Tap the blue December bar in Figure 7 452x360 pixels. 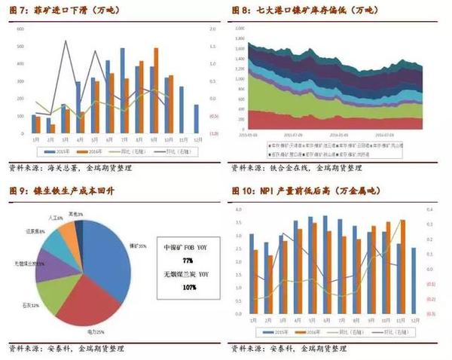coord(197,117)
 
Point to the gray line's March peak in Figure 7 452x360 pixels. coord(66,42)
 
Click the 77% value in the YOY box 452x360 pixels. coord(188,260)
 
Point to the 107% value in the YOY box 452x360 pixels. coord(188,287)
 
